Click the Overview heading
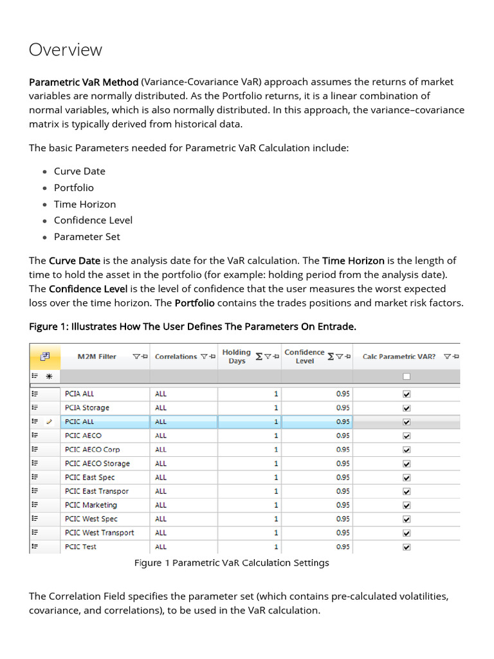pyautogui.click(x=66, y=50)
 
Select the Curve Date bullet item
pyautogui.click(x=79, y=171)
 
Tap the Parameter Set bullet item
pyautogui.click(x=87, y=236)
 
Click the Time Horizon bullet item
pyautogui.click(x=85, y=204)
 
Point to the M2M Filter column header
pyautogui.click(x=97, y=357)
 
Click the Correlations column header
pyautogui.click(x=176, y=357)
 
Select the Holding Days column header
pyautogui.click(x=236, y=357)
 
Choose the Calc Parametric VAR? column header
pyautogui.click(x=399, y=357)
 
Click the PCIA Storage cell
pyautogui.click(x=87, y=408)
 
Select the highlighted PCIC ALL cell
pyautogui.click(x=80, y=422)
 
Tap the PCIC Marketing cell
pyautogui.click(x=91, y=505)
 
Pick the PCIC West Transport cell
pyautogui.click(x=100, y=533)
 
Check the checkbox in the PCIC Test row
pyautogui.click(x=406, y=547)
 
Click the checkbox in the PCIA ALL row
pyautogui.click(x=406, y=394)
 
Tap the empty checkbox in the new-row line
pyautogui.click(x=406, y=376)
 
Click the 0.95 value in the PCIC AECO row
pyautogui.click(x=343, y=436)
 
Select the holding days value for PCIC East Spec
pyautogui.click(x=276, y=478)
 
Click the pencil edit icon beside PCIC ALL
pyautogui.click(x=48, y=422)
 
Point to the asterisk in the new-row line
pyautogui.click(x=48, y=377)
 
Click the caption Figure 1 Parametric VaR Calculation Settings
pyautogui.click(x=232, y=563)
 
